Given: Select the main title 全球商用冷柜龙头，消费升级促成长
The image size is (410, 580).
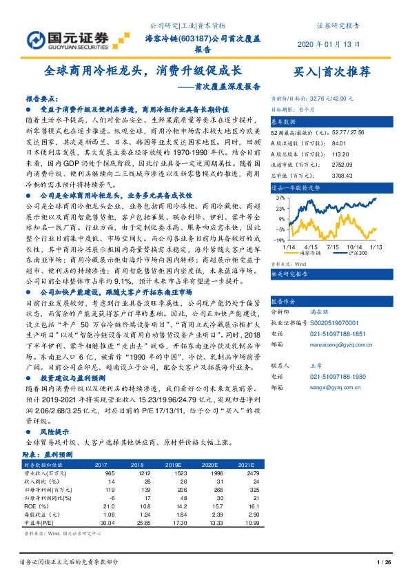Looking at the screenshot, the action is tap(143, 71).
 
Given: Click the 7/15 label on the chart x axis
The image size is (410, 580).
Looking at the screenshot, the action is tap(334, 247).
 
